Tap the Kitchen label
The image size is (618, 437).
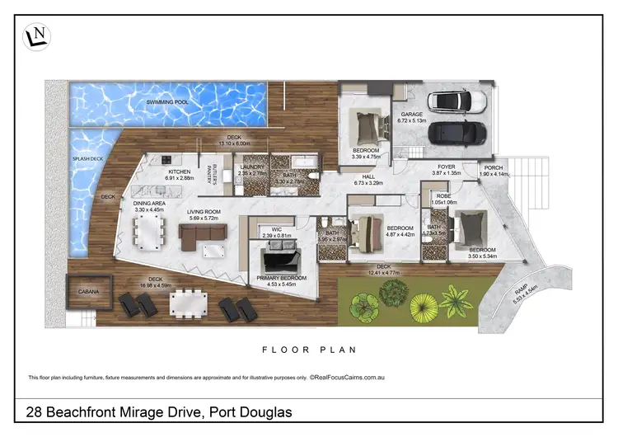coord(179,172)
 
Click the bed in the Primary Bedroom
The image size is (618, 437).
coord(279,261)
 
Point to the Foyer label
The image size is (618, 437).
coord(446,167)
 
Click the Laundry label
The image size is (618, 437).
coord(251,167)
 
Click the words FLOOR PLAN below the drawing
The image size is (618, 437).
coord(309,350)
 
